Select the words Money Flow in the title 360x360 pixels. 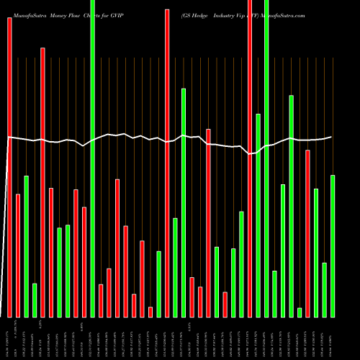click(x=66, y=14)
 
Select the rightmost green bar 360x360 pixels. click(x=333, y=246)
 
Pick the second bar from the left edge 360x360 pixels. click(x=18, y=256)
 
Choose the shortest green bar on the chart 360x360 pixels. click(x=300, y=312)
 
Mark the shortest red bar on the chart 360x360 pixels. click(x=150, y=312)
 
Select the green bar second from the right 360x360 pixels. click(x=325, y=289)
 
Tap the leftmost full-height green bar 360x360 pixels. click(x=92, y=158)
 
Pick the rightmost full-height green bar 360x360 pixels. click(x=266, y=158)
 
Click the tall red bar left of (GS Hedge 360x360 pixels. click(x=167, y=163)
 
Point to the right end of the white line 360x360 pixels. click(x=332, y=137)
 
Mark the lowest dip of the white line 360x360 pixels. click(x=249, y=153)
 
